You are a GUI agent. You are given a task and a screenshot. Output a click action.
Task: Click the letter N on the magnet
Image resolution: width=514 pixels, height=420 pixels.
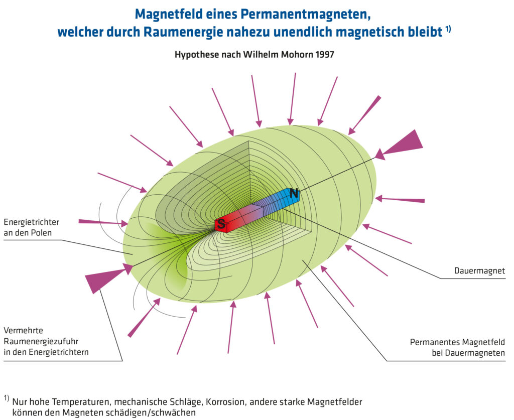[x=294, y=193]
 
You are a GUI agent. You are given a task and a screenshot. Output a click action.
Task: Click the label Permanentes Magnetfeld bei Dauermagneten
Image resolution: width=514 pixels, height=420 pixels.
[x=457, y=347]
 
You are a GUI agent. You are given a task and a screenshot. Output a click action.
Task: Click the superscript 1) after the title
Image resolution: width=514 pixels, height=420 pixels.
[x=448, y=29]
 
